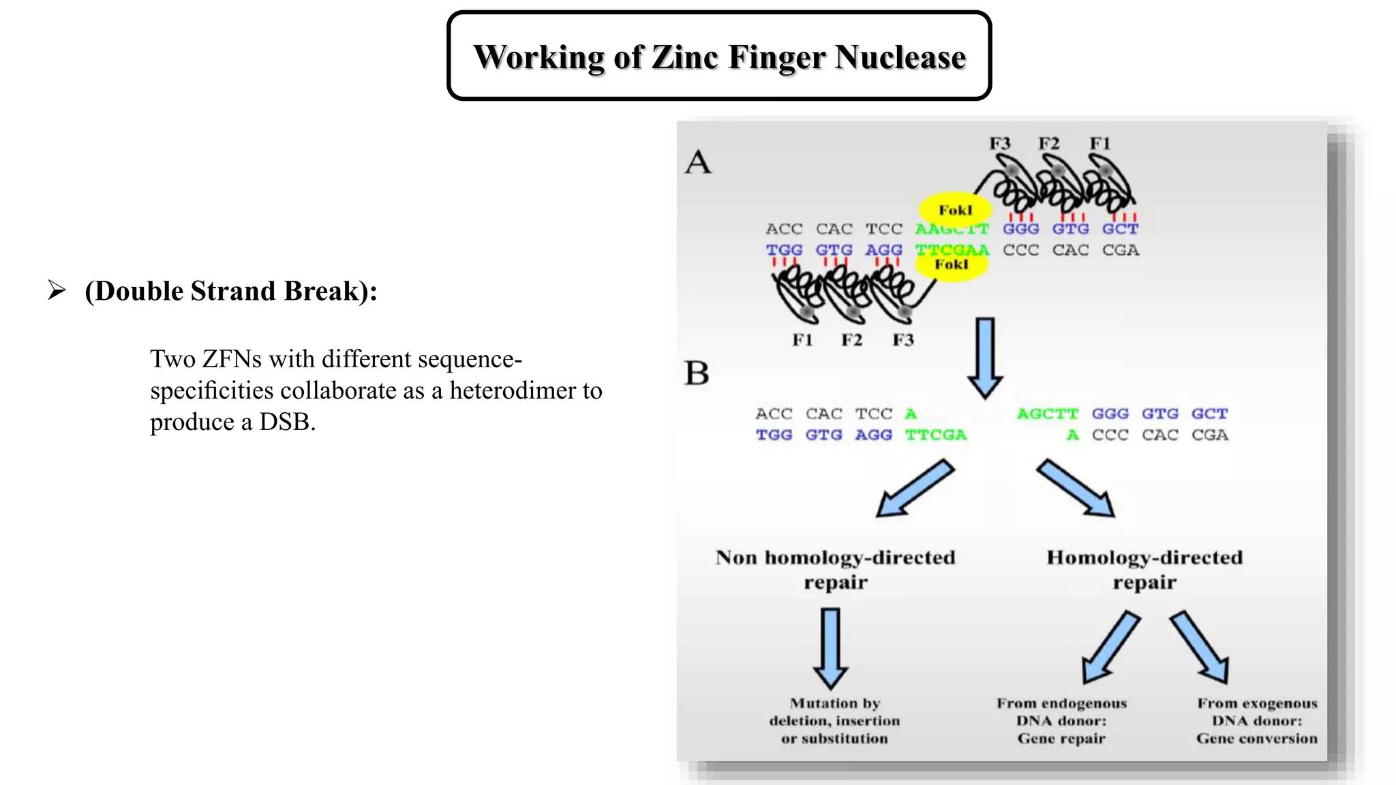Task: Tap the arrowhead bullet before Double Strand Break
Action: click(57, 291)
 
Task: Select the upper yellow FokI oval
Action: click(955, 209)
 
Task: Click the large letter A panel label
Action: click(698, 163)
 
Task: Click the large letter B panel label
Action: click(697, 373)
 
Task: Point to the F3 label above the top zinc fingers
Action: click(999, 144)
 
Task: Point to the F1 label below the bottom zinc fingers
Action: click(802, 340)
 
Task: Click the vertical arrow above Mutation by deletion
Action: click(830, 647)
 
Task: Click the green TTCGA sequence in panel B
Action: click(935, 435)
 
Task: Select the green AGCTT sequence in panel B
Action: click(1047, 414)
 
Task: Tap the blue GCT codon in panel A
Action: click(1120, 229)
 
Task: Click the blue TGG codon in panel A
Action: click(784, 250)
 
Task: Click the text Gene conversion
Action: click(1256, 739)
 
